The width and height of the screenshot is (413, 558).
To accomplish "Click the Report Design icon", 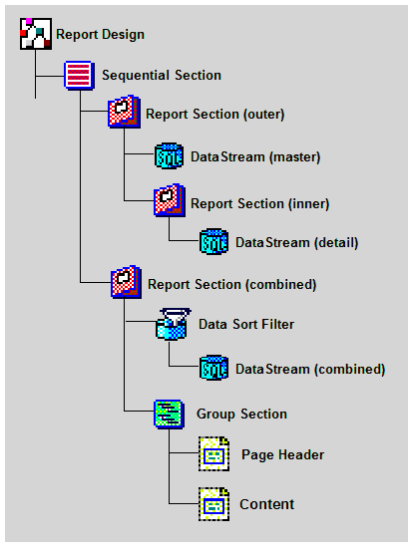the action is point(36,34).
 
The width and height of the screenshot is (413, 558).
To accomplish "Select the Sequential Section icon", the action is point(80,75).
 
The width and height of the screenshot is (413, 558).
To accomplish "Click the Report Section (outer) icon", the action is point(124,112).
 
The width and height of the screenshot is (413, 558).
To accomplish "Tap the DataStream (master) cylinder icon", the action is point(169,155).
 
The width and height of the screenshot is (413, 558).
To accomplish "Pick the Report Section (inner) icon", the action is point(170,200).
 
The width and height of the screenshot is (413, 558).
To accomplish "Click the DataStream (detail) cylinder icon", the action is point(213,241).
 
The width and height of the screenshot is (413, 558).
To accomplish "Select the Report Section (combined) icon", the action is point(126,282).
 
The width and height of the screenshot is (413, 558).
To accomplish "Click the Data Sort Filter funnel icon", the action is point(173,324).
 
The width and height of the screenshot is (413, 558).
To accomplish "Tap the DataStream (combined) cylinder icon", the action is point(213,368).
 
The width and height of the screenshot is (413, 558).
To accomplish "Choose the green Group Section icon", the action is point(170,415).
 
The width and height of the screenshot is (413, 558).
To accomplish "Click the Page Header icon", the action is point(213,454).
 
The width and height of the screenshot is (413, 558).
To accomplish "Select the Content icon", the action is point(213,504).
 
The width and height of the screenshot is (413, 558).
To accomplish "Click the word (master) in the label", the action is point(294,157).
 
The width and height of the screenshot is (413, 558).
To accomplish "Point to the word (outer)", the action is point(263,115).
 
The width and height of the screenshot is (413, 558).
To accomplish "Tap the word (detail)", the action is point(336,243).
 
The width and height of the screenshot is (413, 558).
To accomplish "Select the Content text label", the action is point(267,504).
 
